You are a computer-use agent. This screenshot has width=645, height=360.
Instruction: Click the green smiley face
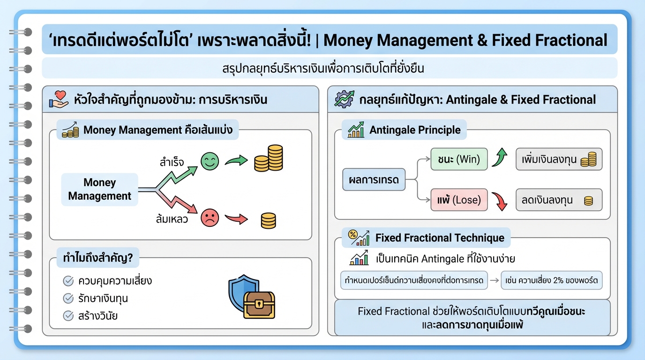pyautogui.click(x=210, y=161)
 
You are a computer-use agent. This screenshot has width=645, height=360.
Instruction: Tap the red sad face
pyautogui.click(x=210, y=217)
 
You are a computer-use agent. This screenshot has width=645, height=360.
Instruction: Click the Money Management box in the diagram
pyautogui.click(x=100, y=189)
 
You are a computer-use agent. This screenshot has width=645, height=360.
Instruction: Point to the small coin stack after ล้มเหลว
pyautogui.click(x=268, y=220)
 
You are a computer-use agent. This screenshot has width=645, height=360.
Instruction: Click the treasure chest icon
pyautogui.click(x=259, y=305)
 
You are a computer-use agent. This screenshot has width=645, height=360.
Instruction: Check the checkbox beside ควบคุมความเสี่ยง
pyautogui.click(x=68, y=281)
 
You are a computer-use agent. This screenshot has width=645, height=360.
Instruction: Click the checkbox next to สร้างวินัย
pyautogui.click(x=68, y=315)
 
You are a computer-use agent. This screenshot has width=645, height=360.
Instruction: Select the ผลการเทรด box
pyautogui.click(x=374, y=179)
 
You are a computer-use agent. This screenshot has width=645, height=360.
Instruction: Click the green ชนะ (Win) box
pyautogui.click(x=459, y=159)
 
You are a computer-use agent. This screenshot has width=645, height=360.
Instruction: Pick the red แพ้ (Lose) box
pyautogui.click(x=459, y=200)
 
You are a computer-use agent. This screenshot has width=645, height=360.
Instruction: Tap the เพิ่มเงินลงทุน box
pyautogui.click(x=559, y=159)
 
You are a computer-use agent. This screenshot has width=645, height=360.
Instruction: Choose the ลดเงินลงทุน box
pyautogui.click(x=559, y=200)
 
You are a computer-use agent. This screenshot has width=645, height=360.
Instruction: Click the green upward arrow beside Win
pyautogui.click(x=500, y=158)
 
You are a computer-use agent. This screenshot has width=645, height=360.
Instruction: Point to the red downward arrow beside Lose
pyautogui.click(x=500, y=201)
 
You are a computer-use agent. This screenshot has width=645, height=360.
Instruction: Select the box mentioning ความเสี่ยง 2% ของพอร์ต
pyautogui.click(x=551, y=281)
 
